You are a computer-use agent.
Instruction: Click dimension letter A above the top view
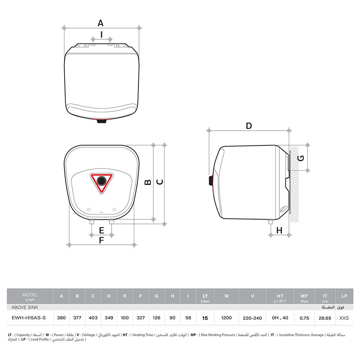(100, 23)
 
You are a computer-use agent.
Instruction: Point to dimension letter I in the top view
(102, 35)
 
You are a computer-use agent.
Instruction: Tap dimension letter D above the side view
(249, 126)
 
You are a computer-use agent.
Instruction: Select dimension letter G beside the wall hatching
(301, 158)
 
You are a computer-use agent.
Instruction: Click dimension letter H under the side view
(279, 230)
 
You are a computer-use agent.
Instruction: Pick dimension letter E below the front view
(102, 230)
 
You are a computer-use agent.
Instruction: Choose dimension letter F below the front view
(101, 240)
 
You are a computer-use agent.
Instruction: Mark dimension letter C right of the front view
(160, 182)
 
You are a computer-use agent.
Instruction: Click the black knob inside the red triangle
(102, 181)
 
